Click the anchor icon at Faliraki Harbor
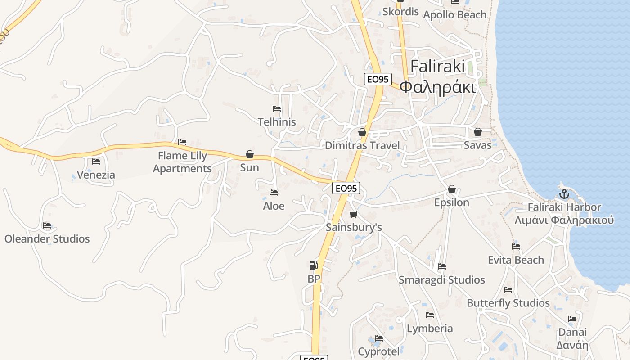(x=564, y=194)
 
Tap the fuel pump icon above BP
(x=314, y=265)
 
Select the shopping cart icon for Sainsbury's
(x=354, y=214)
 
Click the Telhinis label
(x=277, y=122)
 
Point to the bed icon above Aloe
(x=274, y=193)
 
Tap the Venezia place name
(x=96, y=175)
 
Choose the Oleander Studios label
(x=47, y=239)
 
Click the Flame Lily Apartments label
(x=182, y=162)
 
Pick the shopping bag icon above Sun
(x=250, y=155)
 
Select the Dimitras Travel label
(x=362, y=145)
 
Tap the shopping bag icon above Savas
(x=478, y=132)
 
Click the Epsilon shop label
(x=452, y=202)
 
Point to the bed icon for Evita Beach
(x=516, y=247)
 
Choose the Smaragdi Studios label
(x=442, y=280)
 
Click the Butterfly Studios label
(x=508, y=303)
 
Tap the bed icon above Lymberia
(x=430, y=315)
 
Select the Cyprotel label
(x=379, y=351)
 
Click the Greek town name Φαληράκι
(x=438, y=87)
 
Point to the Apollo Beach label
(x=455, y=14)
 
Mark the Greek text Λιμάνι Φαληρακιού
(x=564, y=220)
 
